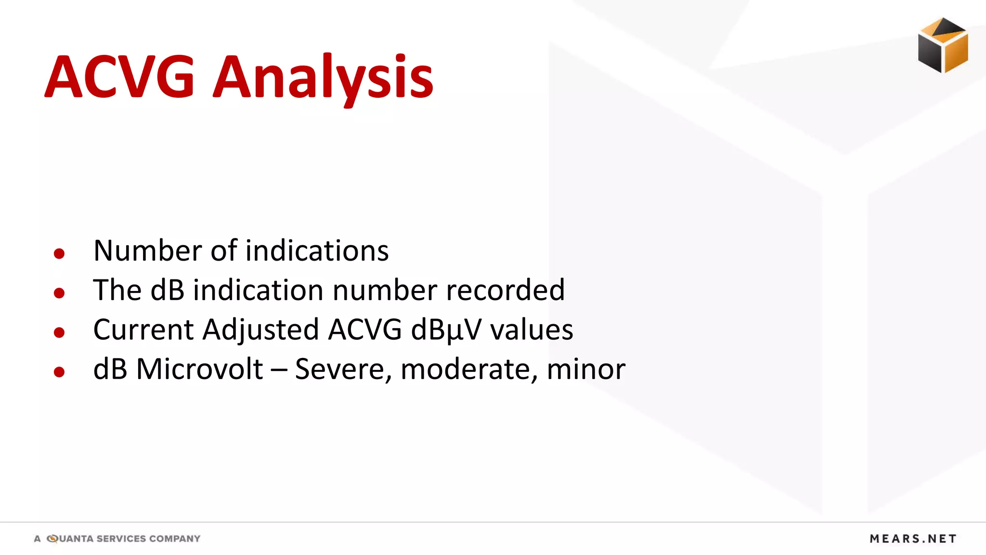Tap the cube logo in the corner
coord(943,45)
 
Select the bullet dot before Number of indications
coord(59,253)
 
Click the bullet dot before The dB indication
coord(59,293)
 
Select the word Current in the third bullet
coord(143,330)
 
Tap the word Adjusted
coord(260,330)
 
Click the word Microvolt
coord(199,370)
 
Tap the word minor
coord(586,370)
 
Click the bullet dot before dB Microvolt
coord(59,372)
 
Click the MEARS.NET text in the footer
coord(913,539)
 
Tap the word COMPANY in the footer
coord(174,539)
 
